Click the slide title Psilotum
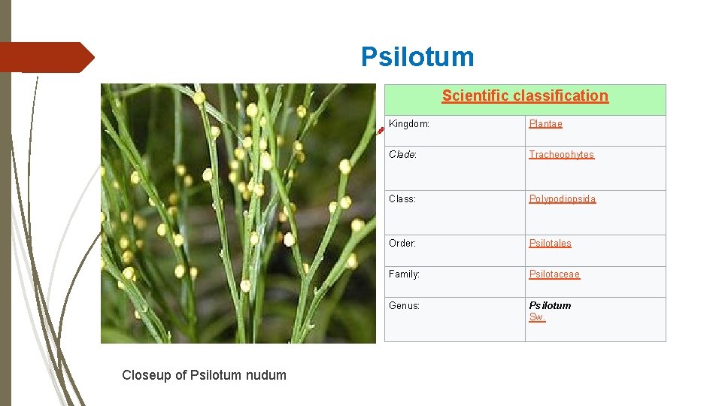point(417,57)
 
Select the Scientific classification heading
point(525,95)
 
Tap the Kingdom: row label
point(409,124)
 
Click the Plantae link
point(545,124)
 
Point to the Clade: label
point(402,155)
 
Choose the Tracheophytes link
point(561,155)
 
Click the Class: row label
point(402,199)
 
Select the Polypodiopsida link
point(562,199)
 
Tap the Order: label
point(402,244)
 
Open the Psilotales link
point(550,244)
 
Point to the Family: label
point(404,274)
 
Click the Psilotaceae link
point(554,274)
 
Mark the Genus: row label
point(404,306)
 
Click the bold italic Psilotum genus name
point(550,306)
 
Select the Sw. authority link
point(537,317)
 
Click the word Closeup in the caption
point(146,375)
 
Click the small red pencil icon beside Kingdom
point(381,129)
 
